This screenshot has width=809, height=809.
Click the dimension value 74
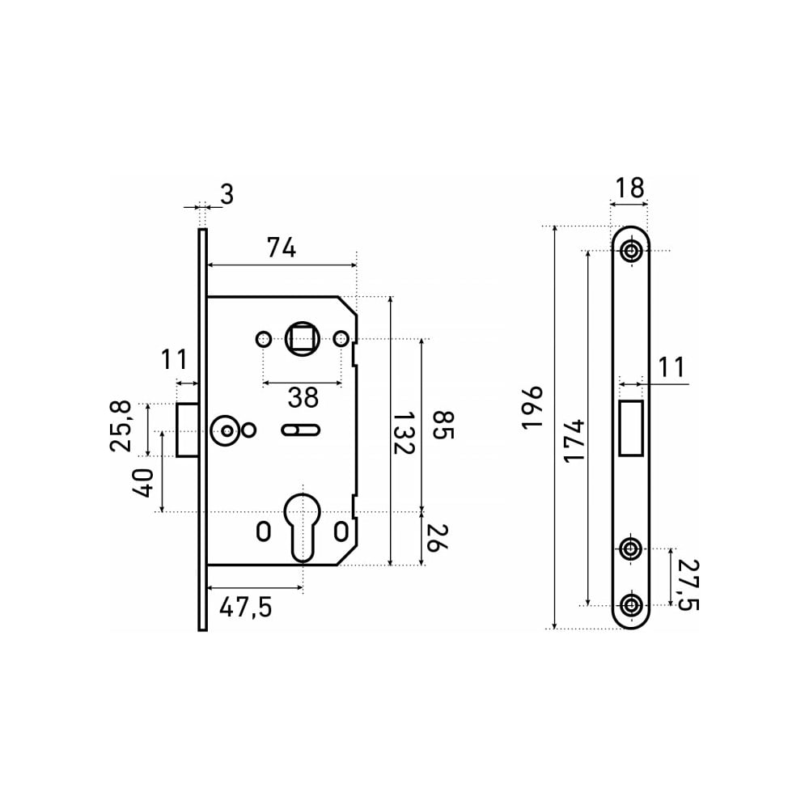point(282,248)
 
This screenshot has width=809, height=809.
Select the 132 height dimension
point(403,432)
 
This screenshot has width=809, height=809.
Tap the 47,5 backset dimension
point(246,608)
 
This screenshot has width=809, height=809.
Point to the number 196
point(533,407)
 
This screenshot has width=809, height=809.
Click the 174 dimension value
point(574,441)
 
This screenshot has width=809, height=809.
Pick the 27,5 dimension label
point(688,584)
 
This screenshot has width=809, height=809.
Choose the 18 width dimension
point(629,188)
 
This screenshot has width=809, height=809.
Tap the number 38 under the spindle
point(303,397)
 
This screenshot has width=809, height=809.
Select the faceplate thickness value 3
point(227,194)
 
